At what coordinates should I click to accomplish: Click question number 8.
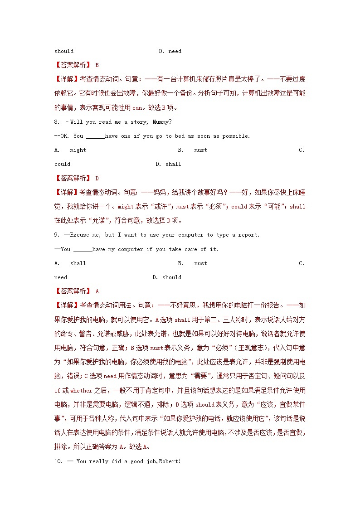(57, 122)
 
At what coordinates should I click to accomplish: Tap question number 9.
(57, 235)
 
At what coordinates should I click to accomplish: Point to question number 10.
(58, 462)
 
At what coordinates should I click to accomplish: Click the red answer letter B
(97, 65)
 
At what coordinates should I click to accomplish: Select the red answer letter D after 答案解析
(97, 179)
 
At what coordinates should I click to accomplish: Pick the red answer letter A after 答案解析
(97, 292)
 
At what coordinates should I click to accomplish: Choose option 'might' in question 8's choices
(78, 150)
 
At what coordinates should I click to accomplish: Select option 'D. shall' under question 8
(168, 164)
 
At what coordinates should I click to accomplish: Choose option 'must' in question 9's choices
(200, 263)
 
